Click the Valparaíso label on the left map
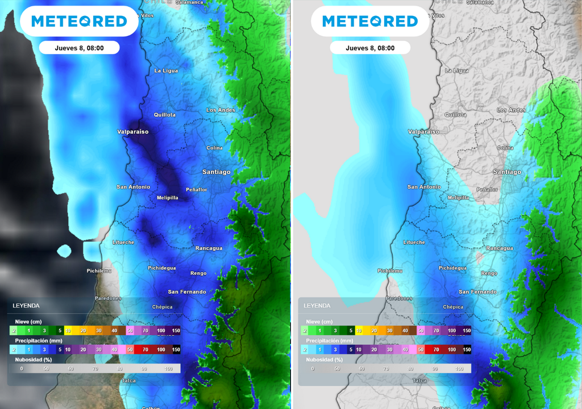132,132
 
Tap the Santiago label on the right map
507,172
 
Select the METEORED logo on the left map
79,22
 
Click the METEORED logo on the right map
370,22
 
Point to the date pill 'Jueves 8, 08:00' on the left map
79,48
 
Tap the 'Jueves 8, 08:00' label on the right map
370,48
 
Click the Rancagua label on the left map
209,248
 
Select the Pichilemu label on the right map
390,271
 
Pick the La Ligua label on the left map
166,71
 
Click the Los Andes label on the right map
511,110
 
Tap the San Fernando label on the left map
187,292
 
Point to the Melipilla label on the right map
458,198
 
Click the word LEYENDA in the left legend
26,306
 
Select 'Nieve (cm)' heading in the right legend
319,322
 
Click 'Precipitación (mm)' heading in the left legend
39,340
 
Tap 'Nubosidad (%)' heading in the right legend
325,360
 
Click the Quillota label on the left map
165,115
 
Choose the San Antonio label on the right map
424,187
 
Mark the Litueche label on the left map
123,243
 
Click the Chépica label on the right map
453,307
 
